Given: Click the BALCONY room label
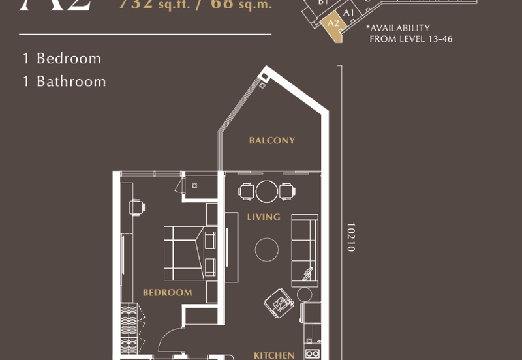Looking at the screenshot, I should [272, 140].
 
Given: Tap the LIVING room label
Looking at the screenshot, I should [264, 217].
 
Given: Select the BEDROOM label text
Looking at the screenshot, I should [168, 293].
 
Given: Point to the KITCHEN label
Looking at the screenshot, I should [273, 355].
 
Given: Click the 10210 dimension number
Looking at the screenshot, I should [350, 237].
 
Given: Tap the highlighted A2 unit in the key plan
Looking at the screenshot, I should [334, 24].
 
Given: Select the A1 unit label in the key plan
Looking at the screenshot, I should [348, 12].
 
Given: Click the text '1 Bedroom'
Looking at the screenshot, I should [62, 58].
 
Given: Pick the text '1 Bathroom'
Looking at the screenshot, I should [64, 82].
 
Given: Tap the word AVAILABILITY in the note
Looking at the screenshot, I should [401, 28].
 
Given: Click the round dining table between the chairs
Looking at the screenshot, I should [267, 191].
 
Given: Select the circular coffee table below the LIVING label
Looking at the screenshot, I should [266, 248].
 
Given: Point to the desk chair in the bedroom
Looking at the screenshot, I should [138, 207].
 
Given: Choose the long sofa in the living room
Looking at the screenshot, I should [304, 249].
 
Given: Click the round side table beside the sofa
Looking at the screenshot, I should [305, 294].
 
